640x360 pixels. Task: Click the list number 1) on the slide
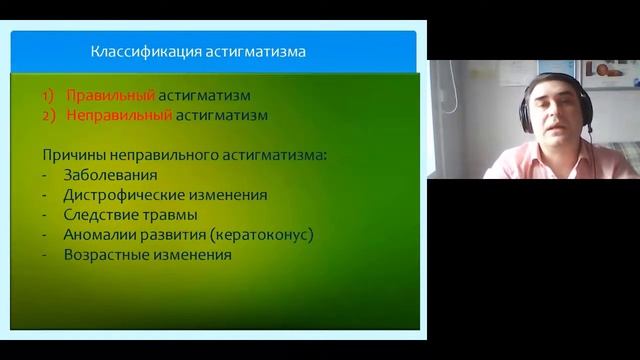[x=49, y=96]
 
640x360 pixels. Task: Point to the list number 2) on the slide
[x=49, y=115]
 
